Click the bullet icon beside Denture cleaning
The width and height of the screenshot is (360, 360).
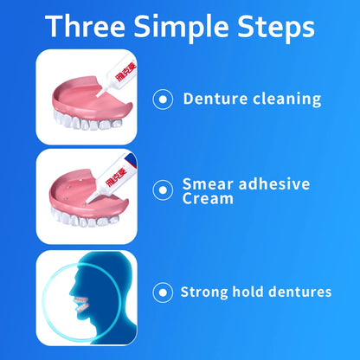(x=160, y=99)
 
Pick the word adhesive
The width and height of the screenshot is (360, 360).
(x=275, y=185)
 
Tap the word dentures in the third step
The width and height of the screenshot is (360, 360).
(x=303, y=292)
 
